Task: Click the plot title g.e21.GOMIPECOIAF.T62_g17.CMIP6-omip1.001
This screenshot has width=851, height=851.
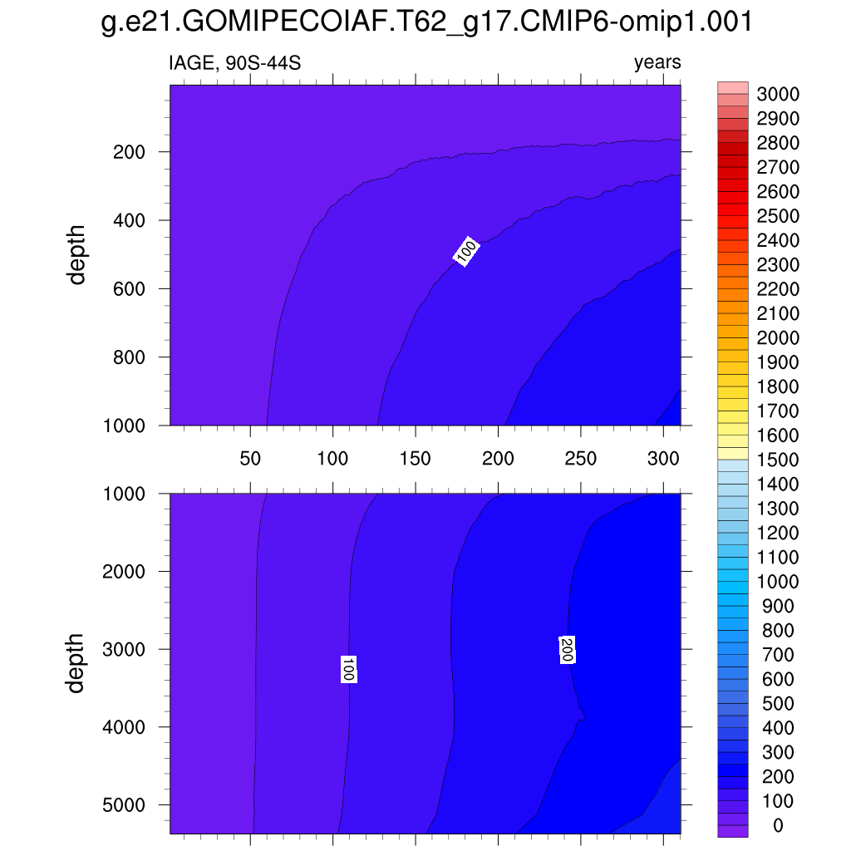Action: (x=425, y=22)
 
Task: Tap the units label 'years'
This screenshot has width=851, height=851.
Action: (x=657, y=63)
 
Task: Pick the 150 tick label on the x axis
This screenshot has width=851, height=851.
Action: (x=415, y=459)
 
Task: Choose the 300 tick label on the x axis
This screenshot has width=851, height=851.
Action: (x=663, y=459)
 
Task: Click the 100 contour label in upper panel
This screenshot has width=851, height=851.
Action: (x=466, y=253)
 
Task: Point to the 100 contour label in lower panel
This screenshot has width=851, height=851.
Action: (x=349, y=669)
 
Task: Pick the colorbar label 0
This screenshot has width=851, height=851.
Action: (x=778, y=825)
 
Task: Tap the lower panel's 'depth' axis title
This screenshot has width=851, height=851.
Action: (x=77, y=663)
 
